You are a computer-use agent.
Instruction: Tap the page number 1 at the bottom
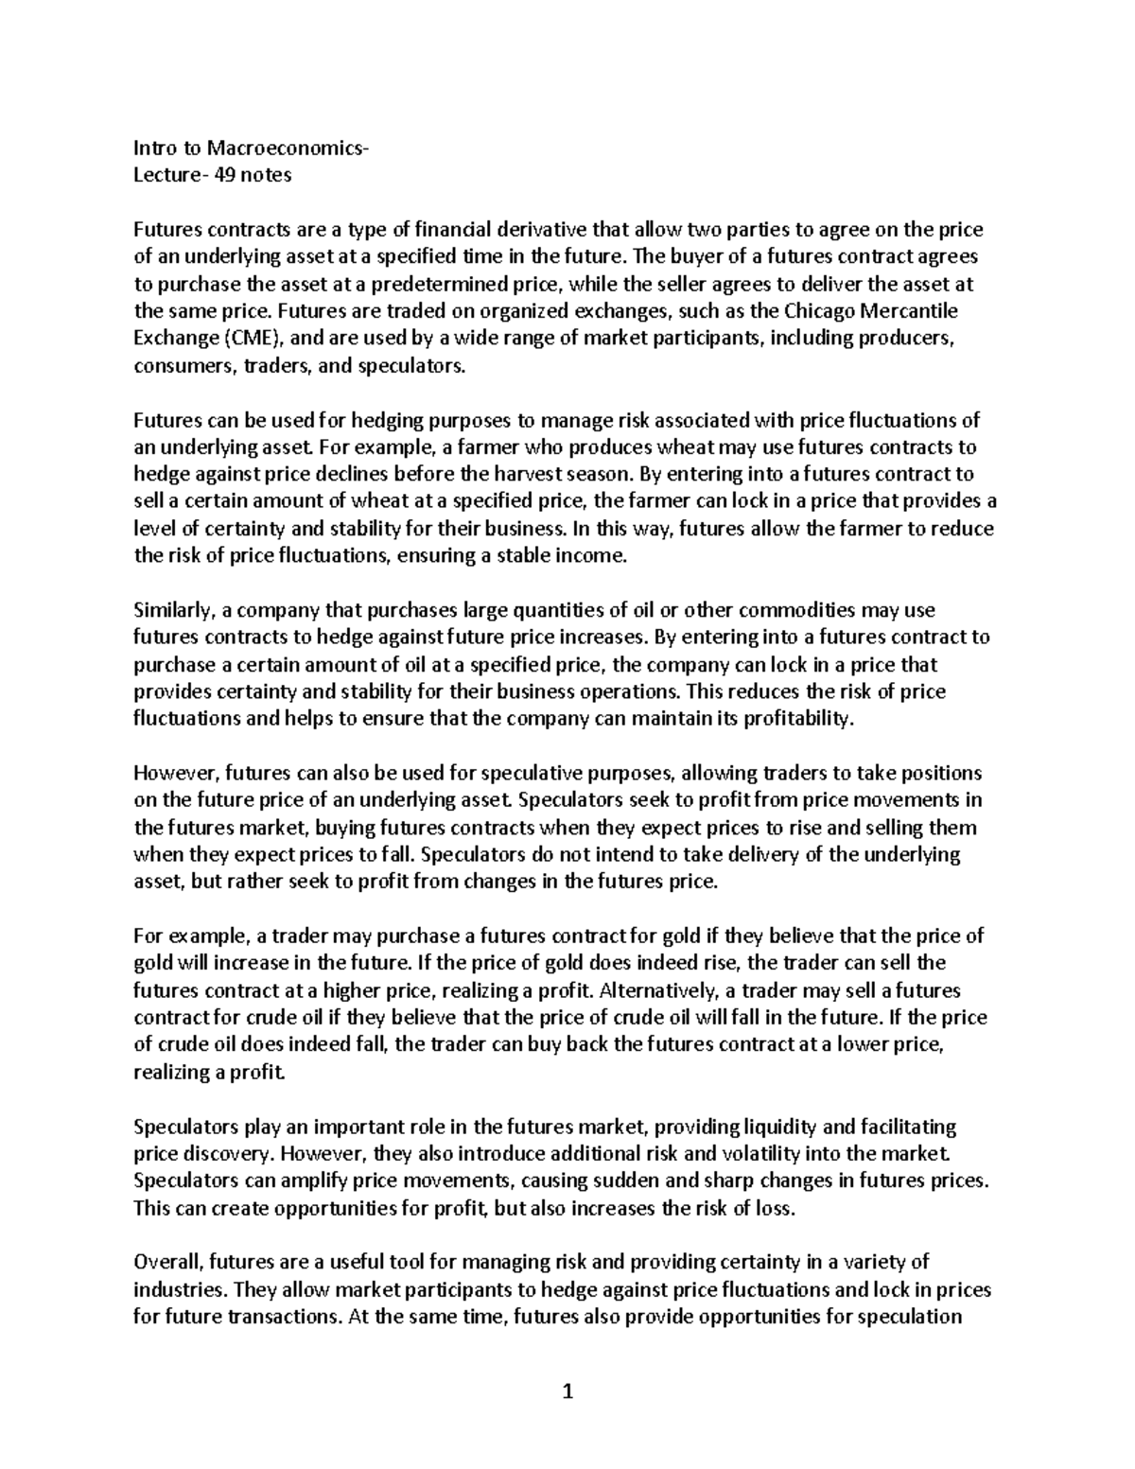click(x=567, y=1390)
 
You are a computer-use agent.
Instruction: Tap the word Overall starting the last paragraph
click(x=167, y=1262)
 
